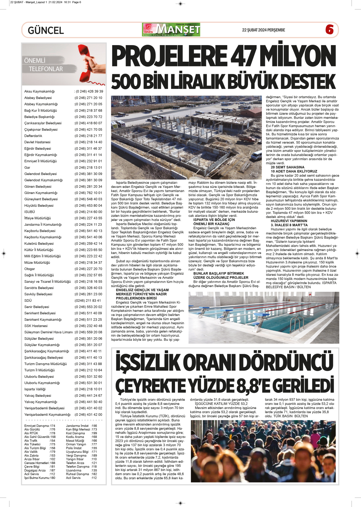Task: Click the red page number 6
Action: point(329,30)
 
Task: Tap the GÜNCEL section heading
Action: point(46,30)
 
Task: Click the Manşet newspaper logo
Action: point(171,30)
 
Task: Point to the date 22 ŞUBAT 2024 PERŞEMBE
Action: point(263,30)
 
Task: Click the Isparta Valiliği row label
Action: point(35,389)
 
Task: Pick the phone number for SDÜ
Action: point(88,300)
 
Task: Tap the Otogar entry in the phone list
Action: point(30,269)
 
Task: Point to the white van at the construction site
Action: point(256,155)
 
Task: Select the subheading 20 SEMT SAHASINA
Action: point(288,167)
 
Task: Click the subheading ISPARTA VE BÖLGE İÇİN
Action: point(214,220)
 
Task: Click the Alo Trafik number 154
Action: point(52,441)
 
